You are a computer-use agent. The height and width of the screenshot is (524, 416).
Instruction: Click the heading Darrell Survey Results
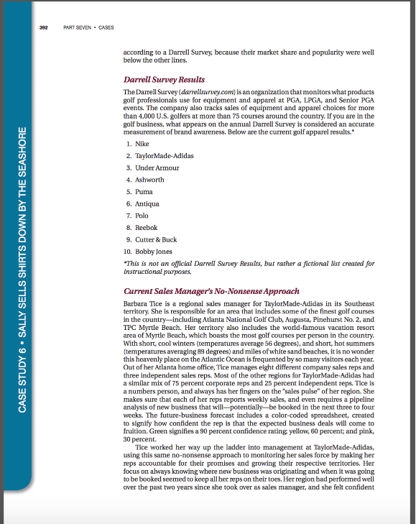click(165, 79)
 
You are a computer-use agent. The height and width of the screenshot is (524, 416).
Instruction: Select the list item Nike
click(142, 143)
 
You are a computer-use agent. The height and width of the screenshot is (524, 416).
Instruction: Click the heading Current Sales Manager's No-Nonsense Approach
click(211, 291)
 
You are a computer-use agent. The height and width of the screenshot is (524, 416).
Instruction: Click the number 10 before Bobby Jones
click(127, 252)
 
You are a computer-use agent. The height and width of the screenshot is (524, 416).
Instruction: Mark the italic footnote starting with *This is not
click(249, 267)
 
